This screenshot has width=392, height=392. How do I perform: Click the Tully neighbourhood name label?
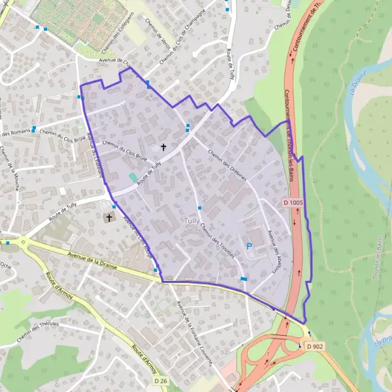pyautogui.click(x=192, y=221)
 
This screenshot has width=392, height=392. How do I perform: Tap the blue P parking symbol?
pyautogui.click(x=248, y=246)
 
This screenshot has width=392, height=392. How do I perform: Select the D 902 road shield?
pyautogui.click(x=314, y=346)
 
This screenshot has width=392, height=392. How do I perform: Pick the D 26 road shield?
pyautogui.click(x=161, y=380)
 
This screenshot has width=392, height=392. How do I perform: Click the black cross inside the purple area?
pyautogui.click(x=163, y=148)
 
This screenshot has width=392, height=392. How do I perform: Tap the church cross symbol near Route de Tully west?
pyautogui.click(x=108, y=217)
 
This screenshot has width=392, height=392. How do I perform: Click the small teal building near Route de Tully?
pyautogui.click(x=134, y=178)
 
